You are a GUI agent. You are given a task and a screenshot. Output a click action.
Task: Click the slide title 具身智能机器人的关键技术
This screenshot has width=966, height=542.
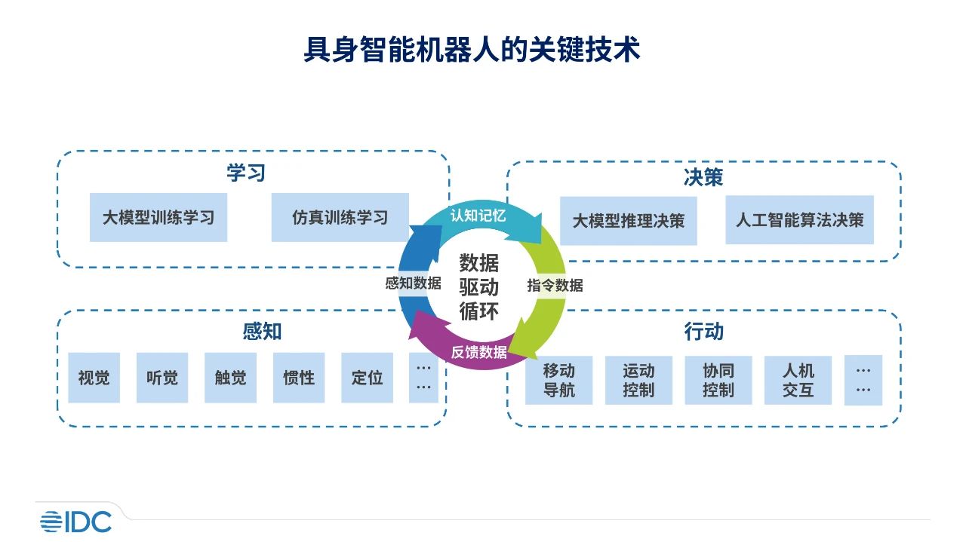[x=472, y=50]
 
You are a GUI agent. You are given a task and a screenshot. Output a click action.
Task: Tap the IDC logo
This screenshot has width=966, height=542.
[x=75, y=521]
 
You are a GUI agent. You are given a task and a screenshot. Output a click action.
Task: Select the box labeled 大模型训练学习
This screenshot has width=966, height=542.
[x=158, y=218]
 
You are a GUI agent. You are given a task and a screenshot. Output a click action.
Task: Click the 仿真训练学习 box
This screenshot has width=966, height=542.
[x=340, y=218]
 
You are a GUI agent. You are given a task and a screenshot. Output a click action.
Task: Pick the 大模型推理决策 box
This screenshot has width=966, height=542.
[x=629, y=220]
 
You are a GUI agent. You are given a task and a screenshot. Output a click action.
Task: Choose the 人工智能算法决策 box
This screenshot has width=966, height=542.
[x=799, y=220]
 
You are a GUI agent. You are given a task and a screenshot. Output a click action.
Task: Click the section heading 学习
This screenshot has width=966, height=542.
[x=246, y=173]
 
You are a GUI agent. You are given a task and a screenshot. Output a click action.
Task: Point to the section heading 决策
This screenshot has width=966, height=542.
[x=703, y=178]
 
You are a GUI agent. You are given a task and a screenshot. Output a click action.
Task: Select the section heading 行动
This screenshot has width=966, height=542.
[x=703, y=332]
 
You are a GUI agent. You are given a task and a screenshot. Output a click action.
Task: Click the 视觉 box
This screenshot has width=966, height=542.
[x=94, y=378]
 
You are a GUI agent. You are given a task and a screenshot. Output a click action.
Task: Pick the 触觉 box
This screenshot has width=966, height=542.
[x=230, y=378]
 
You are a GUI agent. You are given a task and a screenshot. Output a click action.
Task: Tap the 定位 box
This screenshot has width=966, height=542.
[x=367, y=378]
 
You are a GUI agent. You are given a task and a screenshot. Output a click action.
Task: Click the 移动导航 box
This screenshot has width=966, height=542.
[x=558, y=381]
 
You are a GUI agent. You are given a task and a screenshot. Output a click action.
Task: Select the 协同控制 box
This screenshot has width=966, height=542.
[x=718, y=381]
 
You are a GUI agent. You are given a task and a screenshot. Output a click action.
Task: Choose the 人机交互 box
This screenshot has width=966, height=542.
[x=798, y=381]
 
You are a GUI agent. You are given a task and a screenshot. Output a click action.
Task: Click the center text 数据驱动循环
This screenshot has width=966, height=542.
[x=478, y=286]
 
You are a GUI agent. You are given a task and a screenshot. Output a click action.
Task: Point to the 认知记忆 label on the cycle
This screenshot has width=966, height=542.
[x=478, y=216]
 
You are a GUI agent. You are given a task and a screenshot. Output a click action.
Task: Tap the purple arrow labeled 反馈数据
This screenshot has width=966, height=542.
[x=478, y=352]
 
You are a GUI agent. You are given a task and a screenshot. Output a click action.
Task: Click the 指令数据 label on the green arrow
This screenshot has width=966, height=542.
[x=555, y=286]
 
